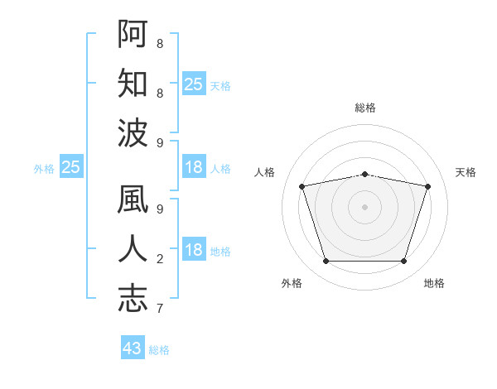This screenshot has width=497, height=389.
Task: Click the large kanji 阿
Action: (133, 34)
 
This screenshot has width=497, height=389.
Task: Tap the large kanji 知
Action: (133, 83)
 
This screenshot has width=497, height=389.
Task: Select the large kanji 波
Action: (133, 132)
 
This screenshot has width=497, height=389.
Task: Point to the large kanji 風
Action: (133, 199)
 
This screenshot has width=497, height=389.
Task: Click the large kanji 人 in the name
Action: (133, 248)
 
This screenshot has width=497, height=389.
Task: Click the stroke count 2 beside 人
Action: (160, 259)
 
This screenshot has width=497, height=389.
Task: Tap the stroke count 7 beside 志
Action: (160, 308)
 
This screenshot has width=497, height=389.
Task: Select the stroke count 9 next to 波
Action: (160, 143)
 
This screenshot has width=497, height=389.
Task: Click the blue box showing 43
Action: (133, 347)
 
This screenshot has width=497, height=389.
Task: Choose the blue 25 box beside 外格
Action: (71, 166)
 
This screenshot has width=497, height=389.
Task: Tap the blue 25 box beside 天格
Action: (194, 84)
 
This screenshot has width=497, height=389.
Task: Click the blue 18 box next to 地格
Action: (194, 248)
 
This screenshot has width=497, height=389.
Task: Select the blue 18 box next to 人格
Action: (194, 166)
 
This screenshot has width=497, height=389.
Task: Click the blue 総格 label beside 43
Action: (159, 350)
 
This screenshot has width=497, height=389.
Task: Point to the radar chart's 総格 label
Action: (365, 108)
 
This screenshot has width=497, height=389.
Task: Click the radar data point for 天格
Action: (427, 186)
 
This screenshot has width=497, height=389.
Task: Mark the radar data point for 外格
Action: (326, 261)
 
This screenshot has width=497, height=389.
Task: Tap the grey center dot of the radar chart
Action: (364, 207)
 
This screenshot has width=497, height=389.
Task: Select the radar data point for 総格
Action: (364, 175)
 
